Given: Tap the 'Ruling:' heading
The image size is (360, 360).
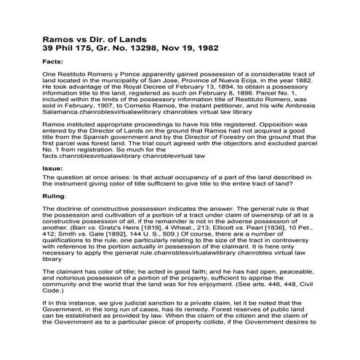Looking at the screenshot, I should [x=57, y=217].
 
